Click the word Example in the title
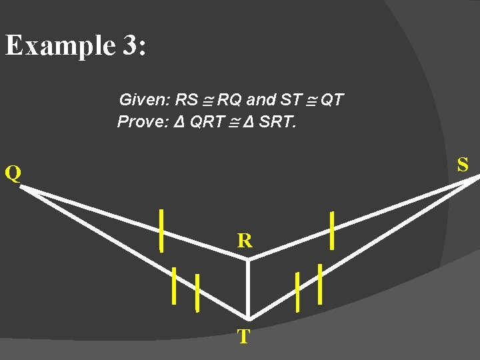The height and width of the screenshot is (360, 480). point(60,46)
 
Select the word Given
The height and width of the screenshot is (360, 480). point(143,101)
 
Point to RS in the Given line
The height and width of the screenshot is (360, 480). point(186,101)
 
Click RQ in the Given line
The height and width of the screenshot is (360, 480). point(230,101)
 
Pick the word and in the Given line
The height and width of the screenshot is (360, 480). point(261,101)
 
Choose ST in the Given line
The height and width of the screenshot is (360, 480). point(291,101)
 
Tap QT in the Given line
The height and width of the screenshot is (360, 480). point(332,101)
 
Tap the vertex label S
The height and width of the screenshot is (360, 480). point(463,164)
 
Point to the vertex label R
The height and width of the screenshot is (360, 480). point(245,241)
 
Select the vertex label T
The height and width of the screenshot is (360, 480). point(244,337)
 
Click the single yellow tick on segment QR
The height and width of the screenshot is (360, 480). point(161,229)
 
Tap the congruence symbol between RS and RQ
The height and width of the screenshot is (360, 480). point(207,101)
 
